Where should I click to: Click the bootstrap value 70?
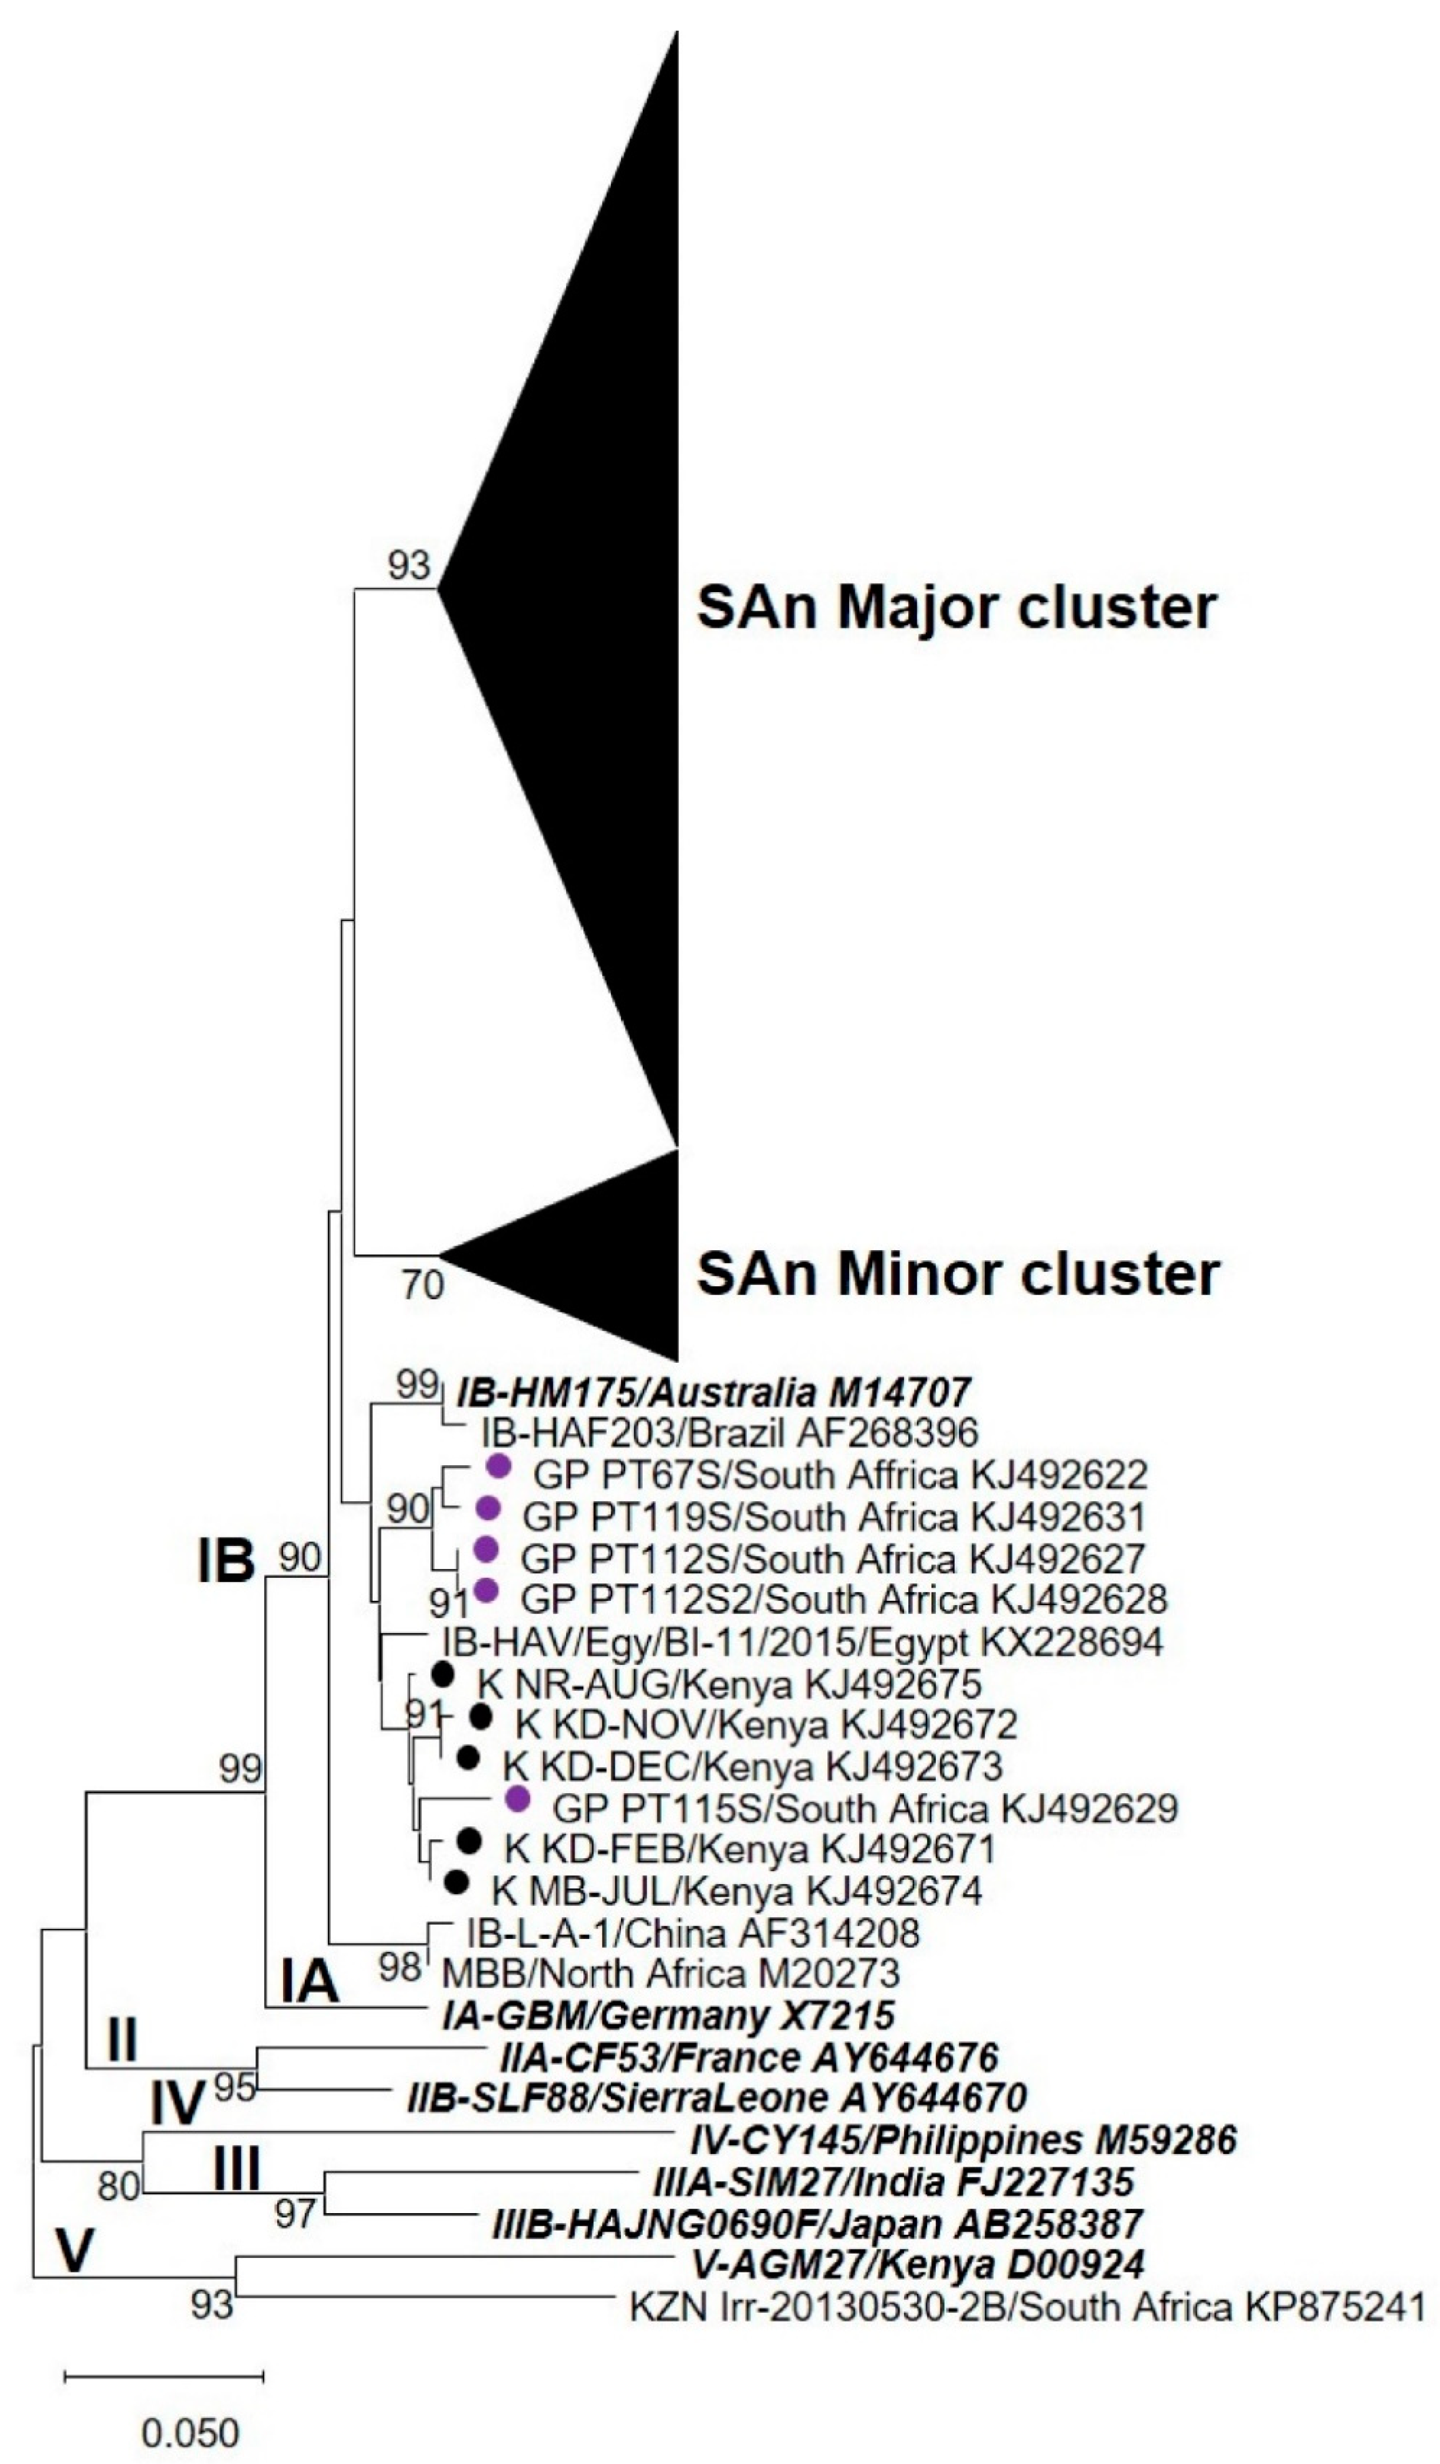coord(422,1284)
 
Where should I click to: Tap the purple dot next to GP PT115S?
coord(517,1799)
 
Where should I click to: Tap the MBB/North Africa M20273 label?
coord(671,1973)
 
